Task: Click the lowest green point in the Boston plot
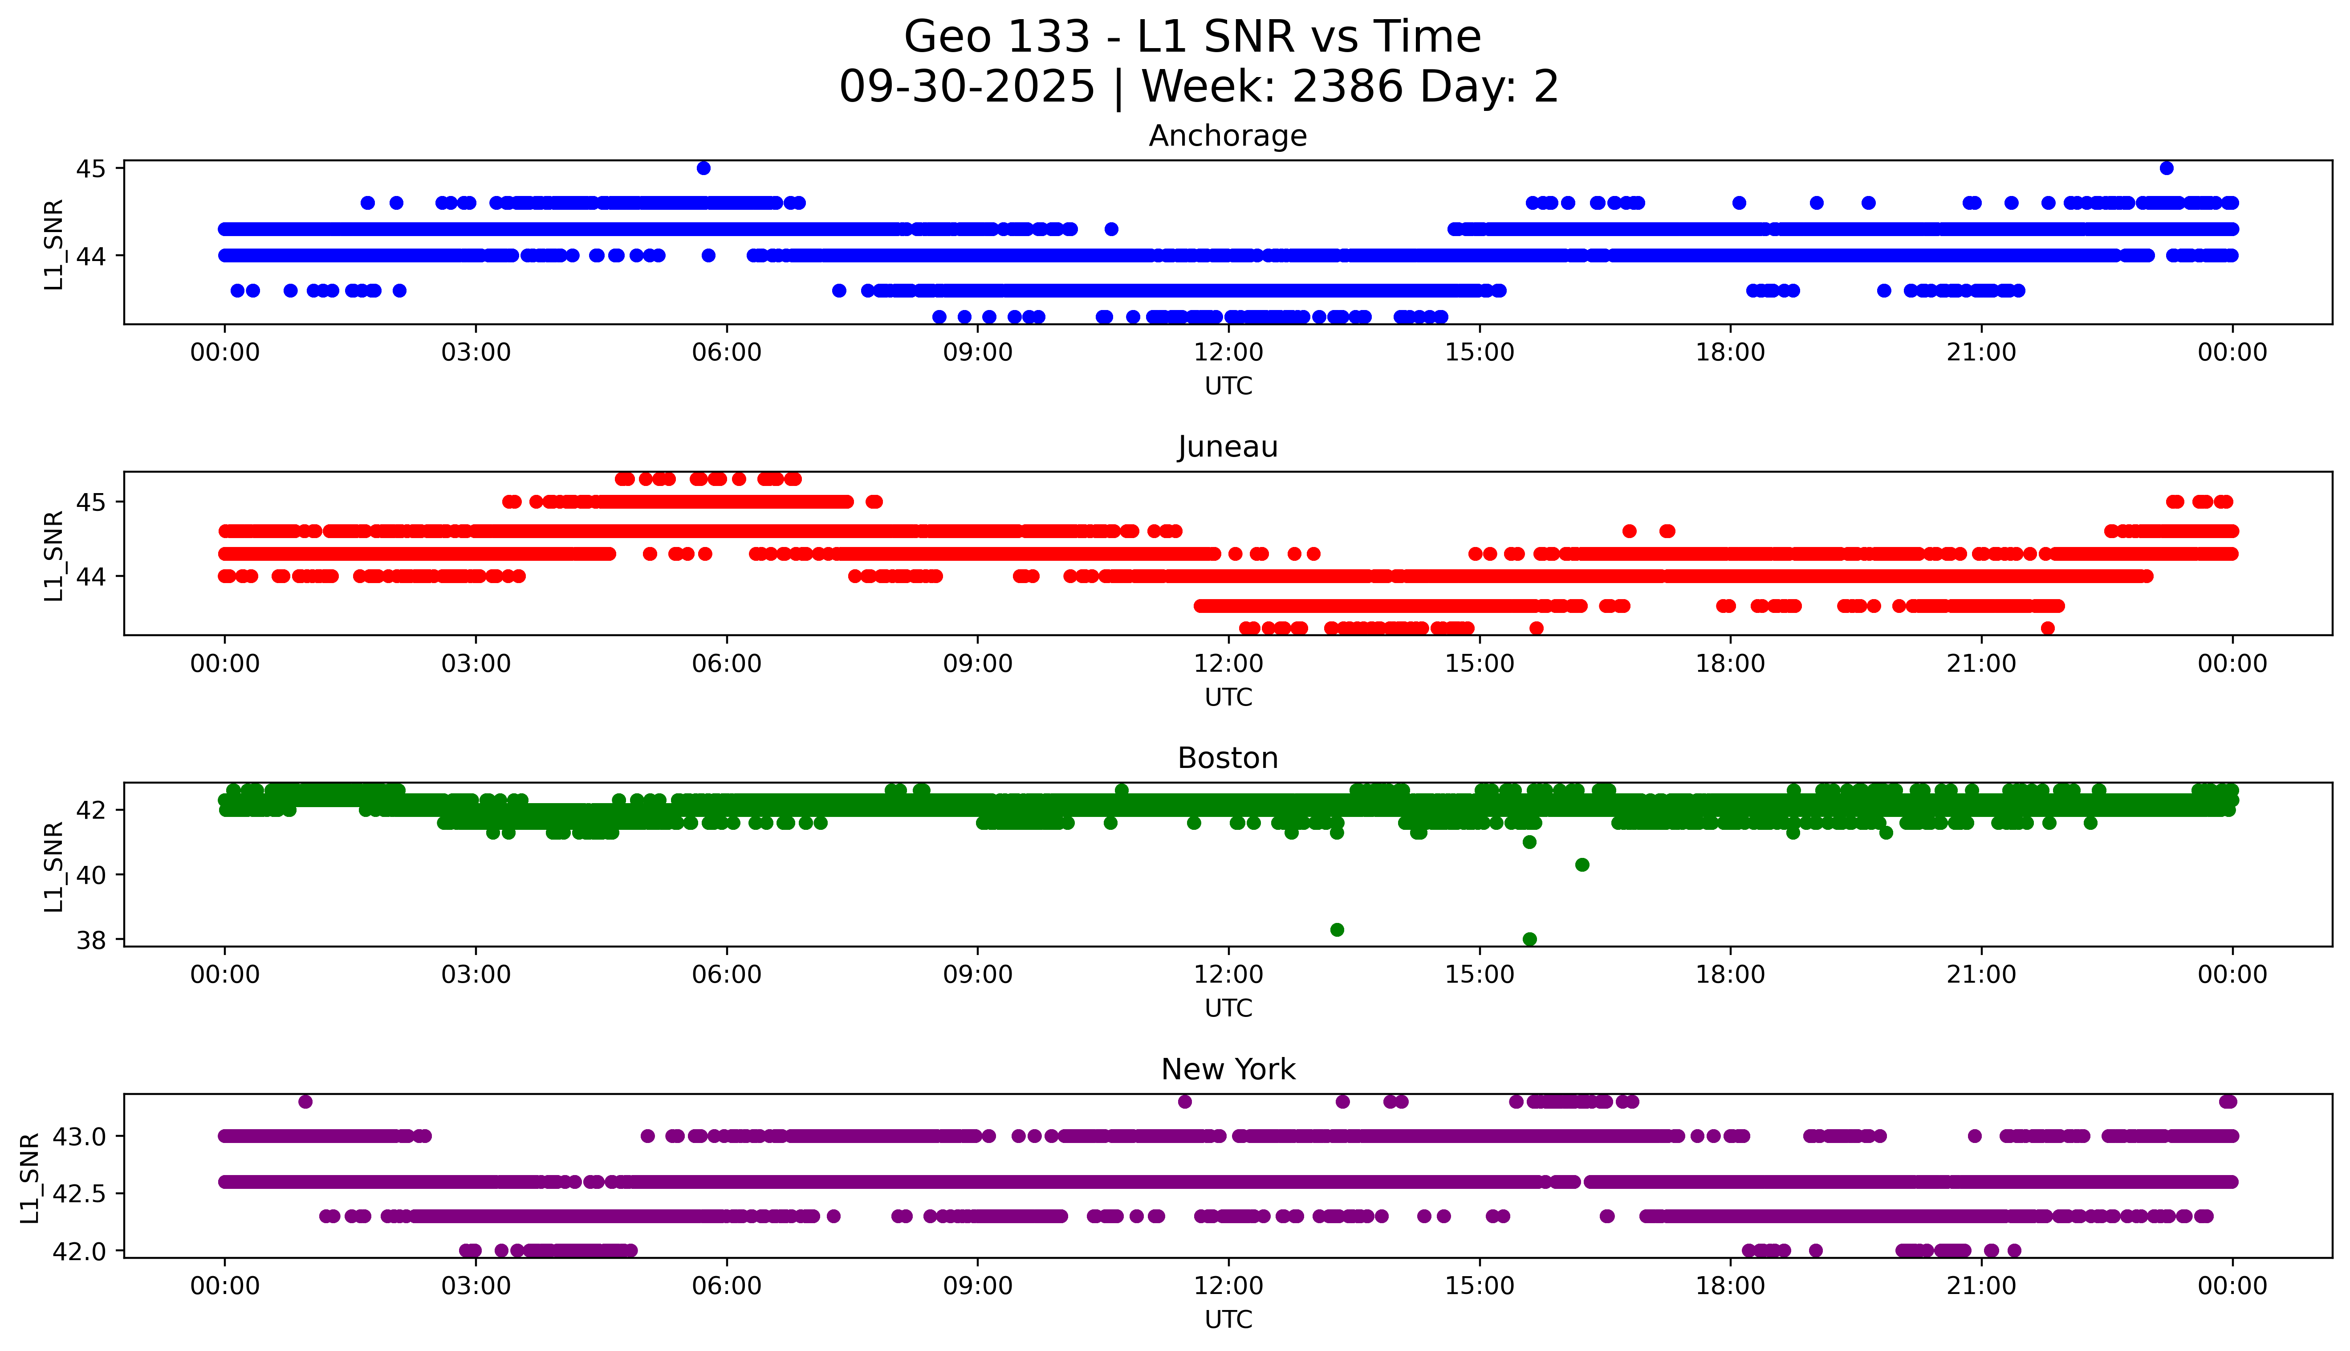[1529, 939]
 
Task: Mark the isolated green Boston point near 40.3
[1582, 865]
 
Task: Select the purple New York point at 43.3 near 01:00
[305, 1102]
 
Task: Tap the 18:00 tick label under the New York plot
[1731, 1286]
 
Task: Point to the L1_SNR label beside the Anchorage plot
[54, 244]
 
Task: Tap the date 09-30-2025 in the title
[966, 87]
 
